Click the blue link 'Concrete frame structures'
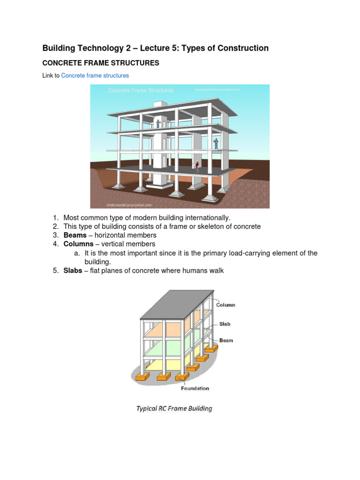coord(95,75)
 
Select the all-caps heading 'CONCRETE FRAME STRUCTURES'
coord(101,63)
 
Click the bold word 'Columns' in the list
coord(78,244)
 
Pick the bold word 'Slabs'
coord(73,271)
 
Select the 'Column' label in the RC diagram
coord(225,305)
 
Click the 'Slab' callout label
coord(225,324)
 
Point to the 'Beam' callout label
coord(226,341)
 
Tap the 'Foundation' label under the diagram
coord(195,388)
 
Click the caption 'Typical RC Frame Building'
coord(174,408)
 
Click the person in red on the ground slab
coord(198,165)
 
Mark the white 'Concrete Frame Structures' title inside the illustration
coord(141,90)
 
